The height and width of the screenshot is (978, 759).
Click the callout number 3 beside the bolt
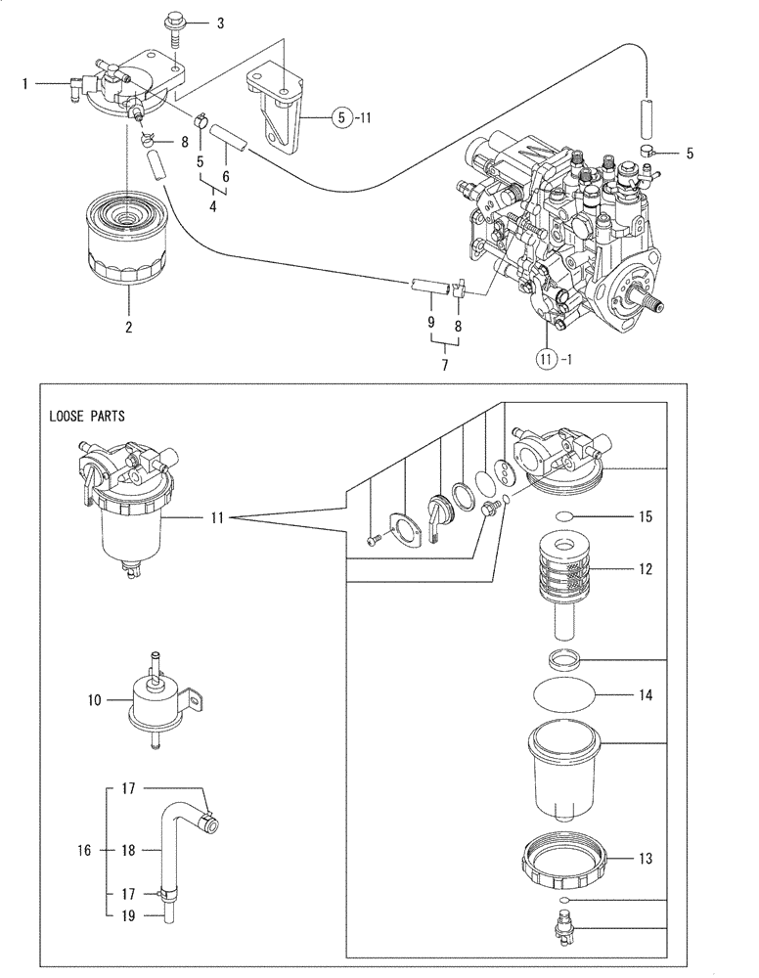tap(220, 22)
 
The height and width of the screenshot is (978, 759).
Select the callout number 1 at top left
tap(25, 85)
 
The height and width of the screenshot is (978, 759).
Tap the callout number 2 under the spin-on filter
tap(128, 327)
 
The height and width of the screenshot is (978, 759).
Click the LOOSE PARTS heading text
tap(87, 415)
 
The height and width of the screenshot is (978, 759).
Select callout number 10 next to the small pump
tap(94, 700)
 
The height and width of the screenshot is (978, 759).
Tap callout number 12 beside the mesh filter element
tap(644, 569)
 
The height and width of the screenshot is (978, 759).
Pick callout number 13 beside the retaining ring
tap(644, 860)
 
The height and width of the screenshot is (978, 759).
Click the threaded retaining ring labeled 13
tap(567, 858)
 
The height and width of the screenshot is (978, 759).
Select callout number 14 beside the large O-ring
tap(644, 695)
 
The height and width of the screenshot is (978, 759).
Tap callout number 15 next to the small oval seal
tap(644, 515)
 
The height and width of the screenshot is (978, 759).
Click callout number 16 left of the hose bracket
tap(86, 851)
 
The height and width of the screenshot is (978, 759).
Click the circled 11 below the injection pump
tap(549, 360)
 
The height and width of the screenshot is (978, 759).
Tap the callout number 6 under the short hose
tap(225, 177)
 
